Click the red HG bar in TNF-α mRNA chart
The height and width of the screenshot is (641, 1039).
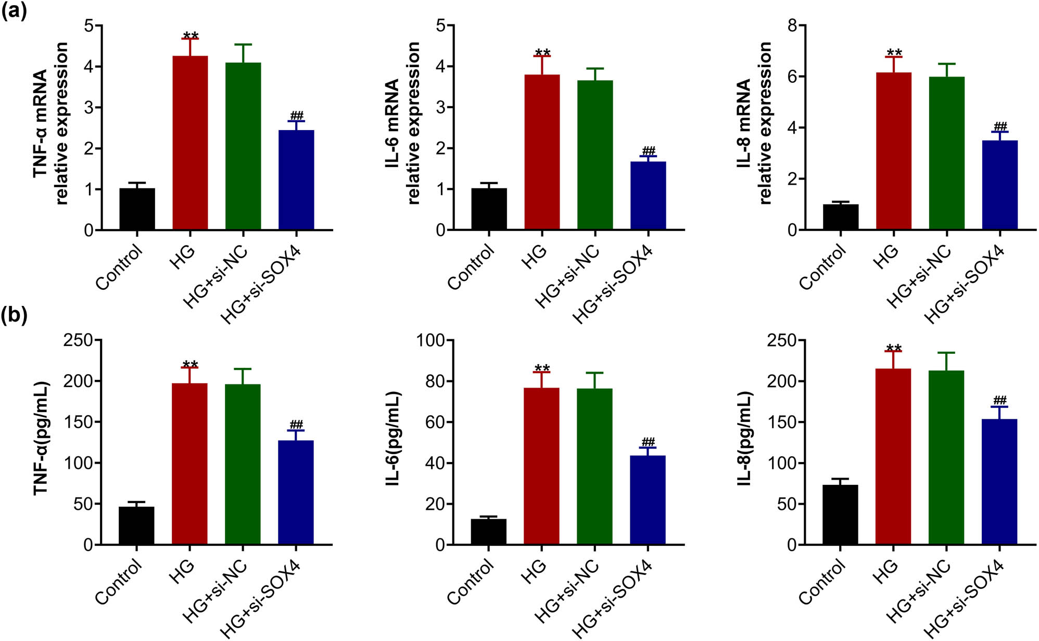click(190, 143)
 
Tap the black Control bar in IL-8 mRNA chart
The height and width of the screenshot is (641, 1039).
click(841, 217)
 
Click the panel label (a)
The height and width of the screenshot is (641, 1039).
click(14, 11)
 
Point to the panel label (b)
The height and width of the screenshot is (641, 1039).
click(14, 315)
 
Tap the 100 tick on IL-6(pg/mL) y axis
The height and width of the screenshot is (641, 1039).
click(431, 340)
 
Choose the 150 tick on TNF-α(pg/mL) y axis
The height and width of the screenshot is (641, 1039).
click(78, 422)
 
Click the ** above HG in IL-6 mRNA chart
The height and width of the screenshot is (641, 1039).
click(542, 53)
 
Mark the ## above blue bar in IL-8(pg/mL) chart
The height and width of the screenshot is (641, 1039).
click(999, 400)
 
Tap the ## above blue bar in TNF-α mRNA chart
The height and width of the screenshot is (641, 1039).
click(297, 115)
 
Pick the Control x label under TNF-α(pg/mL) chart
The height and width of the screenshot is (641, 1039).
click(119, 581)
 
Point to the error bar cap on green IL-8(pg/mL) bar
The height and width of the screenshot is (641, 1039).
click(946, 353)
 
